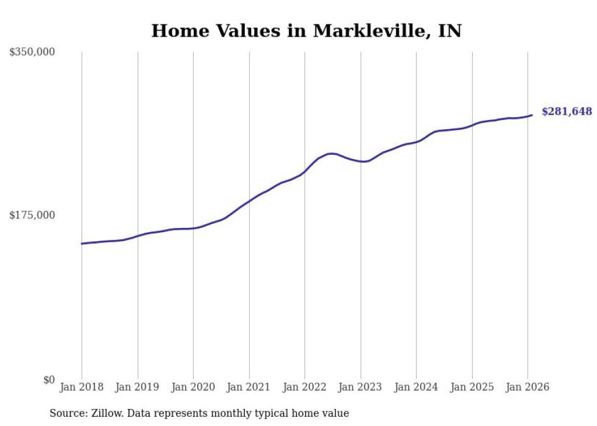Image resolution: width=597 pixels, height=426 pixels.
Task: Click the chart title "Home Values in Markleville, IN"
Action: tap(306, 31)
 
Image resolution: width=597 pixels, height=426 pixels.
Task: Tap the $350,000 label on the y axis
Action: tap(32, 52)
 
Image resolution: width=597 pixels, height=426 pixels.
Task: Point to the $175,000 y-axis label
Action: tap(32, 215)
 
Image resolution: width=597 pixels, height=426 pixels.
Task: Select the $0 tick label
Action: tap(49, 380)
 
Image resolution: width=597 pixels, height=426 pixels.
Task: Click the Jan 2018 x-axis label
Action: tap(82, 387)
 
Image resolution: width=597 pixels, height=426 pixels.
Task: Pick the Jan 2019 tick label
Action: tap(138, 387)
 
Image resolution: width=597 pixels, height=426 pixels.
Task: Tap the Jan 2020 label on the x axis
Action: tap(193, 387)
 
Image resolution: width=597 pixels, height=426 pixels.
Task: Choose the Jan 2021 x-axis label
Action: tap(249, 387)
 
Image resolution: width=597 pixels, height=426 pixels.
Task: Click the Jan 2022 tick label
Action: tap(305, 387)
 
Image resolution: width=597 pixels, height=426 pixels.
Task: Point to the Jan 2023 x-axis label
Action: tap(361, 387)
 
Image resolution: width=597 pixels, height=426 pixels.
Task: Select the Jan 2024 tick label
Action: tap(416, 387)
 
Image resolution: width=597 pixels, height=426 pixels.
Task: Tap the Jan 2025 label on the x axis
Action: tap(472, 387)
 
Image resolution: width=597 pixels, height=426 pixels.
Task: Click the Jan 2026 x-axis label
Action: tap(528, 387)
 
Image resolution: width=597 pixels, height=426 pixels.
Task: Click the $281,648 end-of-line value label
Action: tap(567, 112)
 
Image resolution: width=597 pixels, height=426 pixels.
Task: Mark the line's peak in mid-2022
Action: tap(331, 154)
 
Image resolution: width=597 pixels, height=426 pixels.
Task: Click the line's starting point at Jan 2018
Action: tap(82, 244)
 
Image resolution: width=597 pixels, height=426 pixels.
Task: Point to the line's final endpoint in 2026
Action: tap(532, 115)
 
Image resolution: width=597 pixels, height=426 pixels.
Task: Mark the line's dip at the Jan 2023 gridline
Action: tap(362, 162)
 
